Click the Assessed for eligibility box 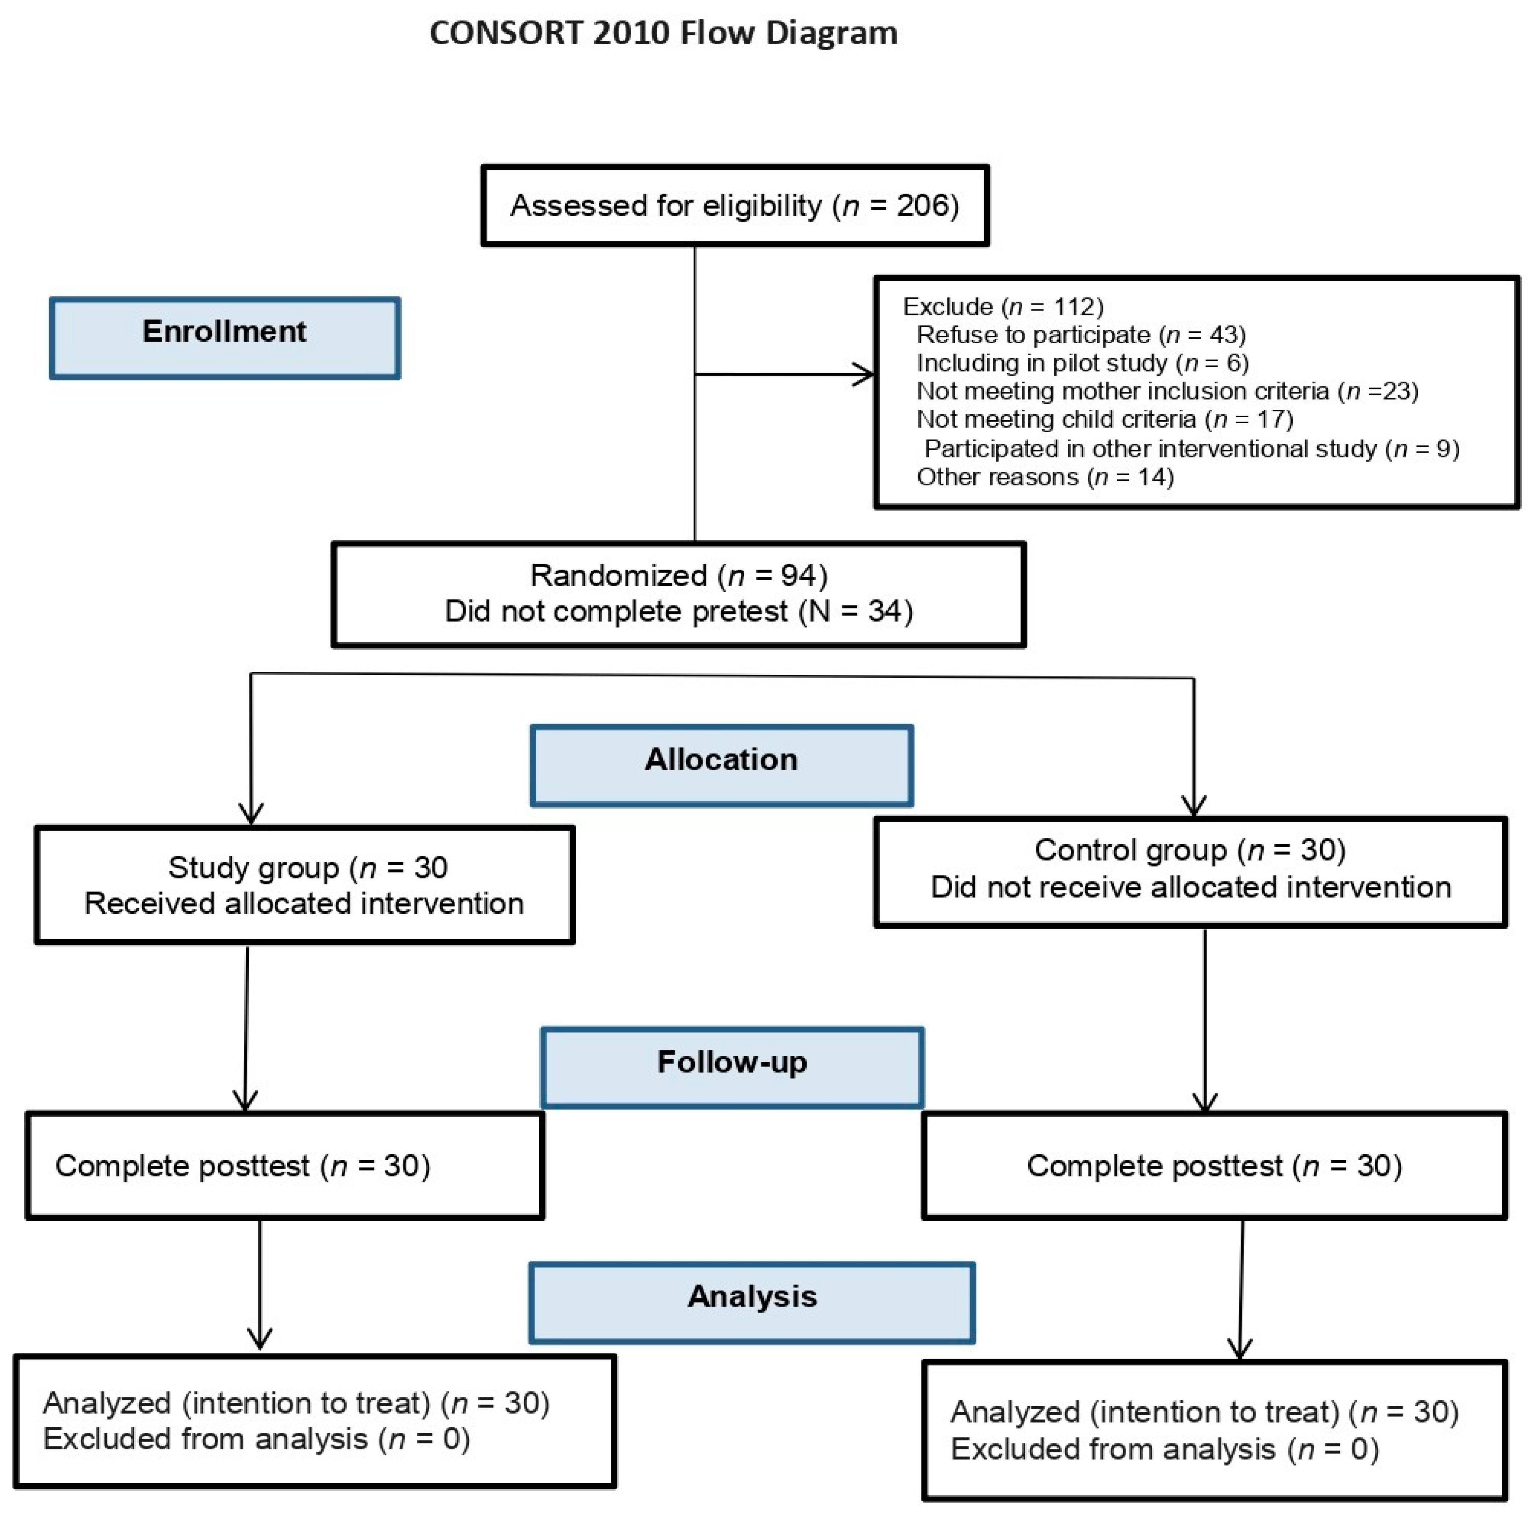734,205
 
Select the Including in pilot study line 1082,363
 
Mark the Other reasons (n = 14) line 1045,477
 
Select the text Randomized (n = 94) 678,575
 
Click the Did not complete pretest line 678,611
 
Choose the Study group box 304,884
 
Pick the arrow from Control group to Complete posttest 1205,1019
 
